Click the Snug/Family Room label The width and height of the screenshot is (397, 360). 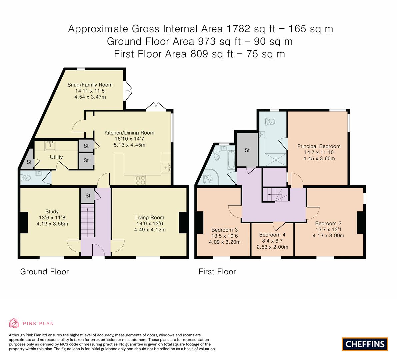pyautogui.click(x=90, y=85)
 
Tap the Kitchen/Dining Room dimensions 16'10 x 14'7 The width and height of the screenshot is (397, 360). pyautogui.click(x=129, y=139)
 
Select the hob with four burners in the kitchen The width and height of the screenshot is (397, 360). pyautogui.click(x=141, y=180)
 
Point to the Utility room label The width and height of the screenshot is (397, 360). pyautogui.click(x=56, y=157)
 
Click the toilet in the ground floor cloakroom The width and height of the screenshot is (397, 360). pyautogui.click(x=26, y=178)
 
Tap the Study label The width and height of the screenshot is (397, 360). pyautogui.click(x=52, y=211)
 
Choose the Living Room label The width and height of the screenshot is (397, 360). pyautogui.click(x=150, y=217)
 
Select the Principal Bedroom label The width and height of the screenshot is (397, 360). pyautogui.click(x=319, y=146)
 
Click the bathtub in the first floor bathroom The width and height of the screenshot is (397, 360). pyautogui.click(x=231, y=159)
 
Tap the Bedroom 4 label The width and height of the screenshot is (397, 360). pyautogui.click(x=272, y=235)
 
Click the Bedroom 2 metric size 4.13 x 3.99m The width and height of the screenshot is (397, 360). pyautogui.click(x=328, y=235)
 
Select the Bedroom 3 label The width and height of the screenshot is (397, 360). pyautogui.click(x=225, y=230)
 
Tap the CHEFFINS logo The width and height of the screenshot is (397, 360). pyautogui.click(x=365, y=344)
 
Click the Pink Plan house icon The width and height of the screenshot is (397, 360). pyautogui.click(x=14, y=323)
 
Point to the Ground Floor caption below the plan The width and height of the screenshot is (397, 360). pyautogui.click(x=45, y=272)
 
